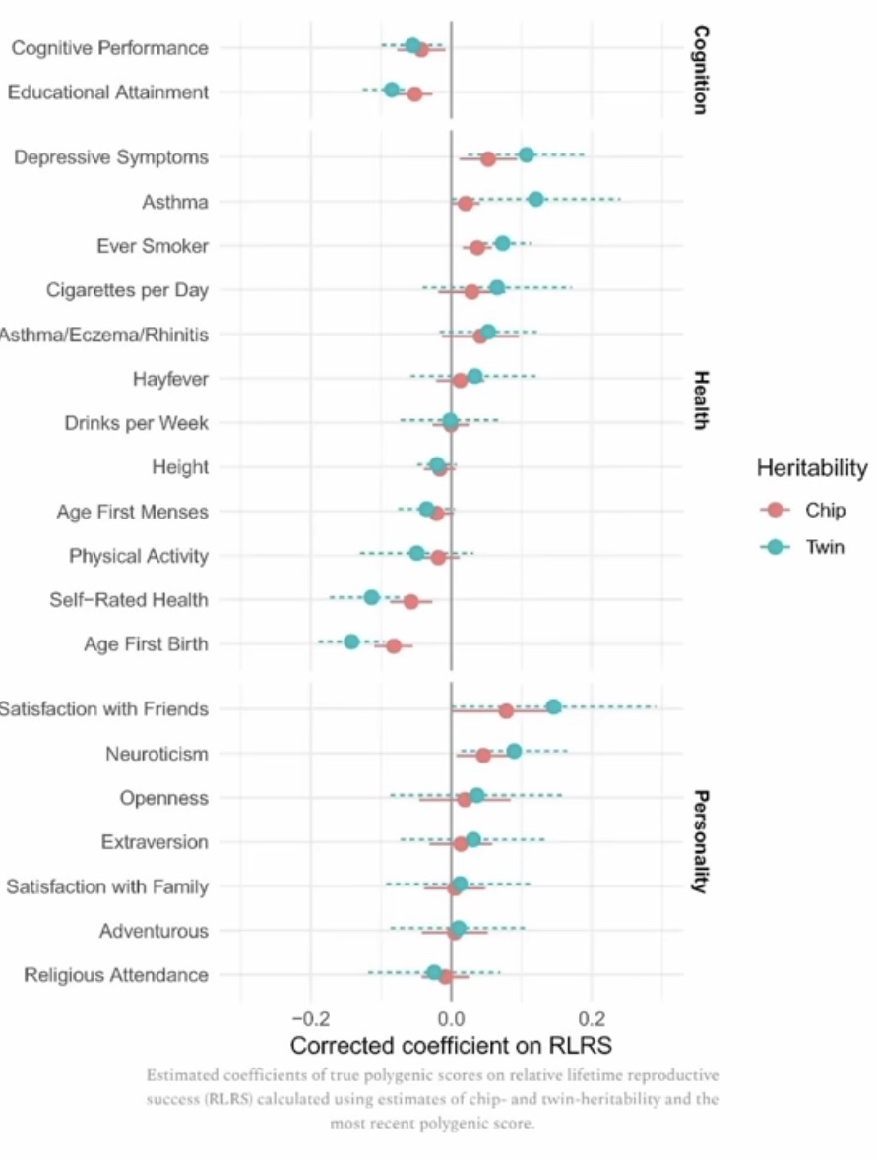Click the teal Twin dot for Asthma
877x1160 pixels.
click(x=535, y=199)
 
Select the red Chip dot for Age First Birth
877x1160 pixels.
click(x=394, y=646)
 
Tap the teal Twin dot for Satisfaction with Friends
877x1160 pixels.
click(x=553, y=706)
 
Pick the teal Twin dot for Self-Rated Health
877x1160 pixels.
click(x=371, y=597)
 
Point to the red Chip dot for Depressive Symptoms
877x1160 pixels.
click(x=488, y=159)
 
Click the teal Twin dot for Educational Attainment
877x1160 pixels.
click(x=392, y=90)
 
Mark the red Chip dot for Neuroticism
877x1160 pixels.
click(x=483, y=756)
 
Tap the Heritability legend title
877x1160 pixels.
click(x=811, y=468)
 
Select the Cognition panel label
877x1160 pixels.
click(x=700, y=70)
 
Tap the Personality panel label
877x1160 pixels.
click(x=700, y=840)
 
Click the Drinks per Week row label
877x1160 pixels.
click(x=137, y=423)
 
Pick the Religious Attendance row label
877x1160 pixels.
click(x=116, y=975)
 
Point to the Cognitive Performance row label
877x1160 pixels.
click(x=109, y=47)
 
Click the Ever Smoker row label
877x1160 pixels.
click(x=153, y=245)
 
